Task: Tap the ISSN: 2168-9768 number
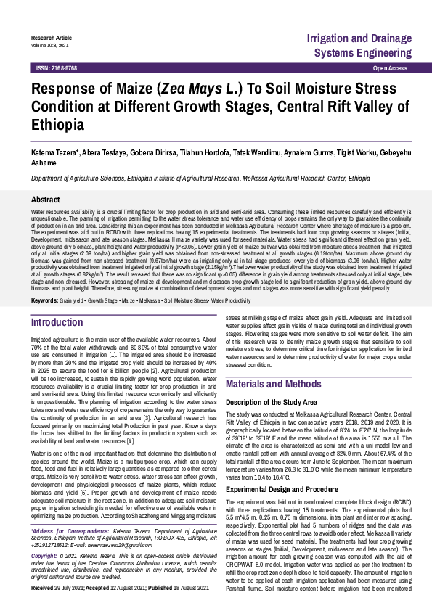[x=57, y=67]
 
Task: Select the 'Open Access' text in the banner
[x=390, y=67]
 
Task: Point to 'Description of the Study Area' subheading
[x=272, y=401]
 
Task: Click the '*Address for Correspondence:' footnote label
[x=64, y=551]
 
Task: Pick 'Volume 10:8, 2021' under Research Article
[x=50, y=45]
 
